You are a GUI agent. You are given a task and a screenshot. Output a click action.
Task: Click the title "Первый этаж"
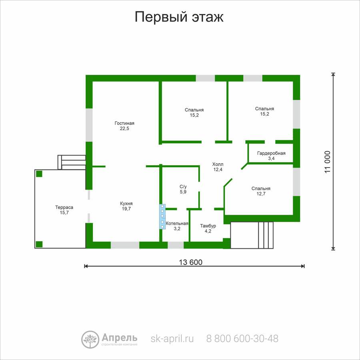pyautogui.click(x=179, y=17)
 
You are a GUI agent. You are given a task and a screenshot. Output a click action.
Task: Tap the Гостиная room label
pyautogui.click(x=124, y=126)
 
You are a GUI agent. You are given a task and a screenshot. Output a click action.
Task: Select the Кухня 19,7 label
pyautogui.click(x=126, y=206)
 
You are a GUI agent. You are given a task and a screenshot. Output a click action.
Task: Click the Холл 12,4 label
pyautogui.click(x=218, y=167)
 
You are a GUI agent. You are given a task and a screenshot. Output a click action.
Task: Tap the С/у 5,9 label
pyautogui.click(x=183, y=189)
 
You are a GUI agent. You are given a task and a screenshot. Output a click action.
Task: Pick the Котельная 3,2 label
pyautogui.click(x=177, y=226)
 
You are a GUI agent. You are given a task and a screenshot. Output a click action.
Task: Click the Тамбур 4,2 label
pyautogui.click(x=208, y=228)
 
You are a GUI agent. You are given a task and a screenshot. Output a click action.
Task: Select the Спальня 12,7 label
pyautogui.click(x=261, y=191)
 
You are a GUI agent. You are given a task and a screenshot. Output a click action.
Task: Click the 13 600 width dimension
pyautogui.click(x=191, y=262)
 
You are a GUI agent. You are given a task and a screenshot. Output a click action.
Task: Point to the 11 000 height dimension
pyautogui.click(x=328, y=162)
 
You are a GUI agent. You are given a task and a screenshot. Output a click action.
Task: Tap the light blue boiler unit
pyautogui.click(x=162, y=216)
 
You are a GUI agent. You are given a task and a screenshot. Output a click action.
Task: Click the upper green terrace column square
pyautogui.click(x=39, y=174)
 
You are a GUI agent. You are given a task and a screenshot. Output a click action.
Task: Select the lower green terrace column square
pyautogui.click(x=39, y=244)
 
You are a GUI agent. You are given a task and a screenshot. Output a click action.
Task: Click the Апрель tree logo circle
pyautogui.click(x=90, y=340)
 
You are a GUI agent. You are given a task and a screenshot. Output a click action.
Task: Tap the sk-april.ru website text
pyautogui.click(x=172, y=338)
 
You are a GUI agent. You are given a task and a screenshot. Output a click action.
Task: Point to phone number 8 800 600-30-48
pyautogui.click(x=242, y=338)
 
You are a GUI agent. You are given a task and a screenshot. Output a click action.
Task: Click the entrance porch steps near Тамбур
pyautogui.click(x=266, y=235)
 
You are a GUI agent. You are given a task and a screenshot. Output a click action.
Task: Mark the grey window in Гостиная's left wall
pyautogui.click(x=89, y=125)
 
